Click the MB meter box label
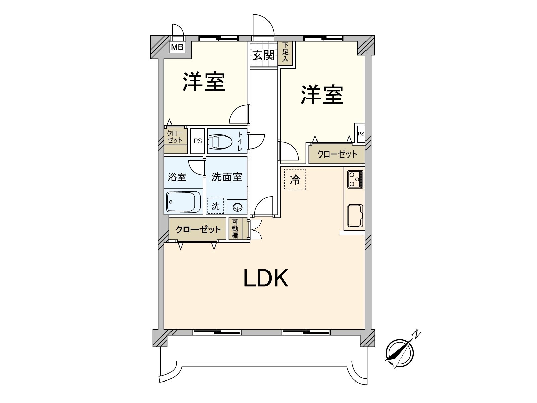pyautogui.click(x=177, y=47)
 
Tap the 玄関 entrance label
pyautogui.click(x=263, y=55)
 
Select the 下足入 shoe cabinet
pyautogui.click(x=285, y=53)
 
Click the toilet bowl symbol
pyautogui.click(x=220, y=141)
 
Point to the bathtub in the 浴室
pyautogui.click(x=183, y=202)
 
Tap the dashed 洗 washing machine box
pyautogui.click(x=215, y=206)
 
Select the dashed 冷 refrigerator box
pyautogui.click(x=295, y=180)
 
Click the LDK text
pyautogui.click(x=265, y=278)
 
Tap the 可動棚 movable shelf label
pyautogui.click(x=235, y=229)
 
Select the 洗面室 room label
pyautogui.click(x=227, y=177)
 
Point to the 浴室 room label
pyautogui.click(x=177, y=177)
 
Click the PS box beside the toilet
pyautogui.click(x=198, y=141)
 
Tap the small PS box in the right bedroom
pyautogui.click(x=361, y=133)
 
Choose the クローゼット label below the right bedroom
pyautogui.click(x=337, y=154)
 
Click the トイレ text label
pyautogui.click(x=240, y=141)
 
